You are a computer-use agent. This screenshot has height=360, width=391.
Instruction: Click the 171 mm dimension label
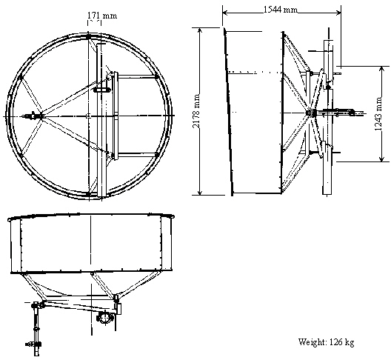click(102, 16)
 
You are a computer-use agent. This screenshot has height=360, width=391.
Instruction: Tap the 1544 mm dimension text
click(281, 10)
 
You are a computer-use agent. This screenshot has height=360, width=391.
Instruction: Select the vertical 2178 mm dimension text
click(196, 111)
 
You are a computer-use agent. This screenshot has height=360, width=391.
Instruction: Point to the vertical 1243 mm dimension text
click(378, 114)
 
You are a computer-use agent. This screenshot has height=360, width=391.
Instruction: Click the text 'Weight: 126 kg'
click(326, 341)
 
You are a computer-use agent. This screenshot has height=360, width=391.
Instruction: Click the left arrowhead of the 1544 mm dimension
click(225, 13)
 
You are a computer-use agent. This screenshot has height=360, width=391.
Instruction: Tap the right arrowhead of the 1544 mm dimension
click(338, 13)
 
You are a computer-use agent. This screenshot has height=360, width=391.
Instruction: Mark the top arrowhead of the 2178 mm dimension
click(199, 30)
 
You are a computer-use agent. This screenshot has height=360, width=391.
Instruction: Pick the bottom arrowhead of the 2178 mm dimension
click(199, 192)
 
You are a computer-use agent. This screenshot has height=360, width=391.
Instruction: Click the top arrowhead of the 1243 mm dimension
click(381, 69)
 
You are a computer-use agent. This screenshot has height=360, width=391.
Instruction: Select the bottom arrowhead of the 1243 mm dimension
click(381, 159)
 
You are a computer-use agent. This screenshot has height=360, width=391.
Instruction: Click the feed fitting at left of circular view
click(33, 116)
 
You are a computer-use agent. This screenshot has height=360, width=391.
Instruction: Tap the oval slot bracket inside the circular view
click(101, 90)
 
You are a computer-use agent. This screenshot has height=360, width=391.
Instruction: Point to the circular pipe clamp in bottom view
click(105, 318)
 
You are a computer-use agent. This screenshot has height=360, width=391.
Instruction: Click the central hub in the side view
click(311, 113)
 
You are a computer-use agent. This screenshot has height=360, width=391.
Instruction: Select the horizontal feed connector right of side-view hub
click(341, 113)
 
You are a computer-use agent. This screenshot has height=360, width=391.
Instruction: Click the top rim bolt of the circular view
click(89, 37)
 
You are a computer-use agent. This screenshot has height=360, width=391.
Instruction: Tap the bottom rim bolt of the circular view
click(89, 194)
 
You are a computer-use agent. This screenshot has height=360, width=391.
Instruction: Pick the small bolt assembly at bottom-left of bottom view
click(33, 344)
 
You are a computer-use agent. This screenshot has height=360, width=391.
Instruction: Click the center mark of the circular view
click(88, 116)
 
